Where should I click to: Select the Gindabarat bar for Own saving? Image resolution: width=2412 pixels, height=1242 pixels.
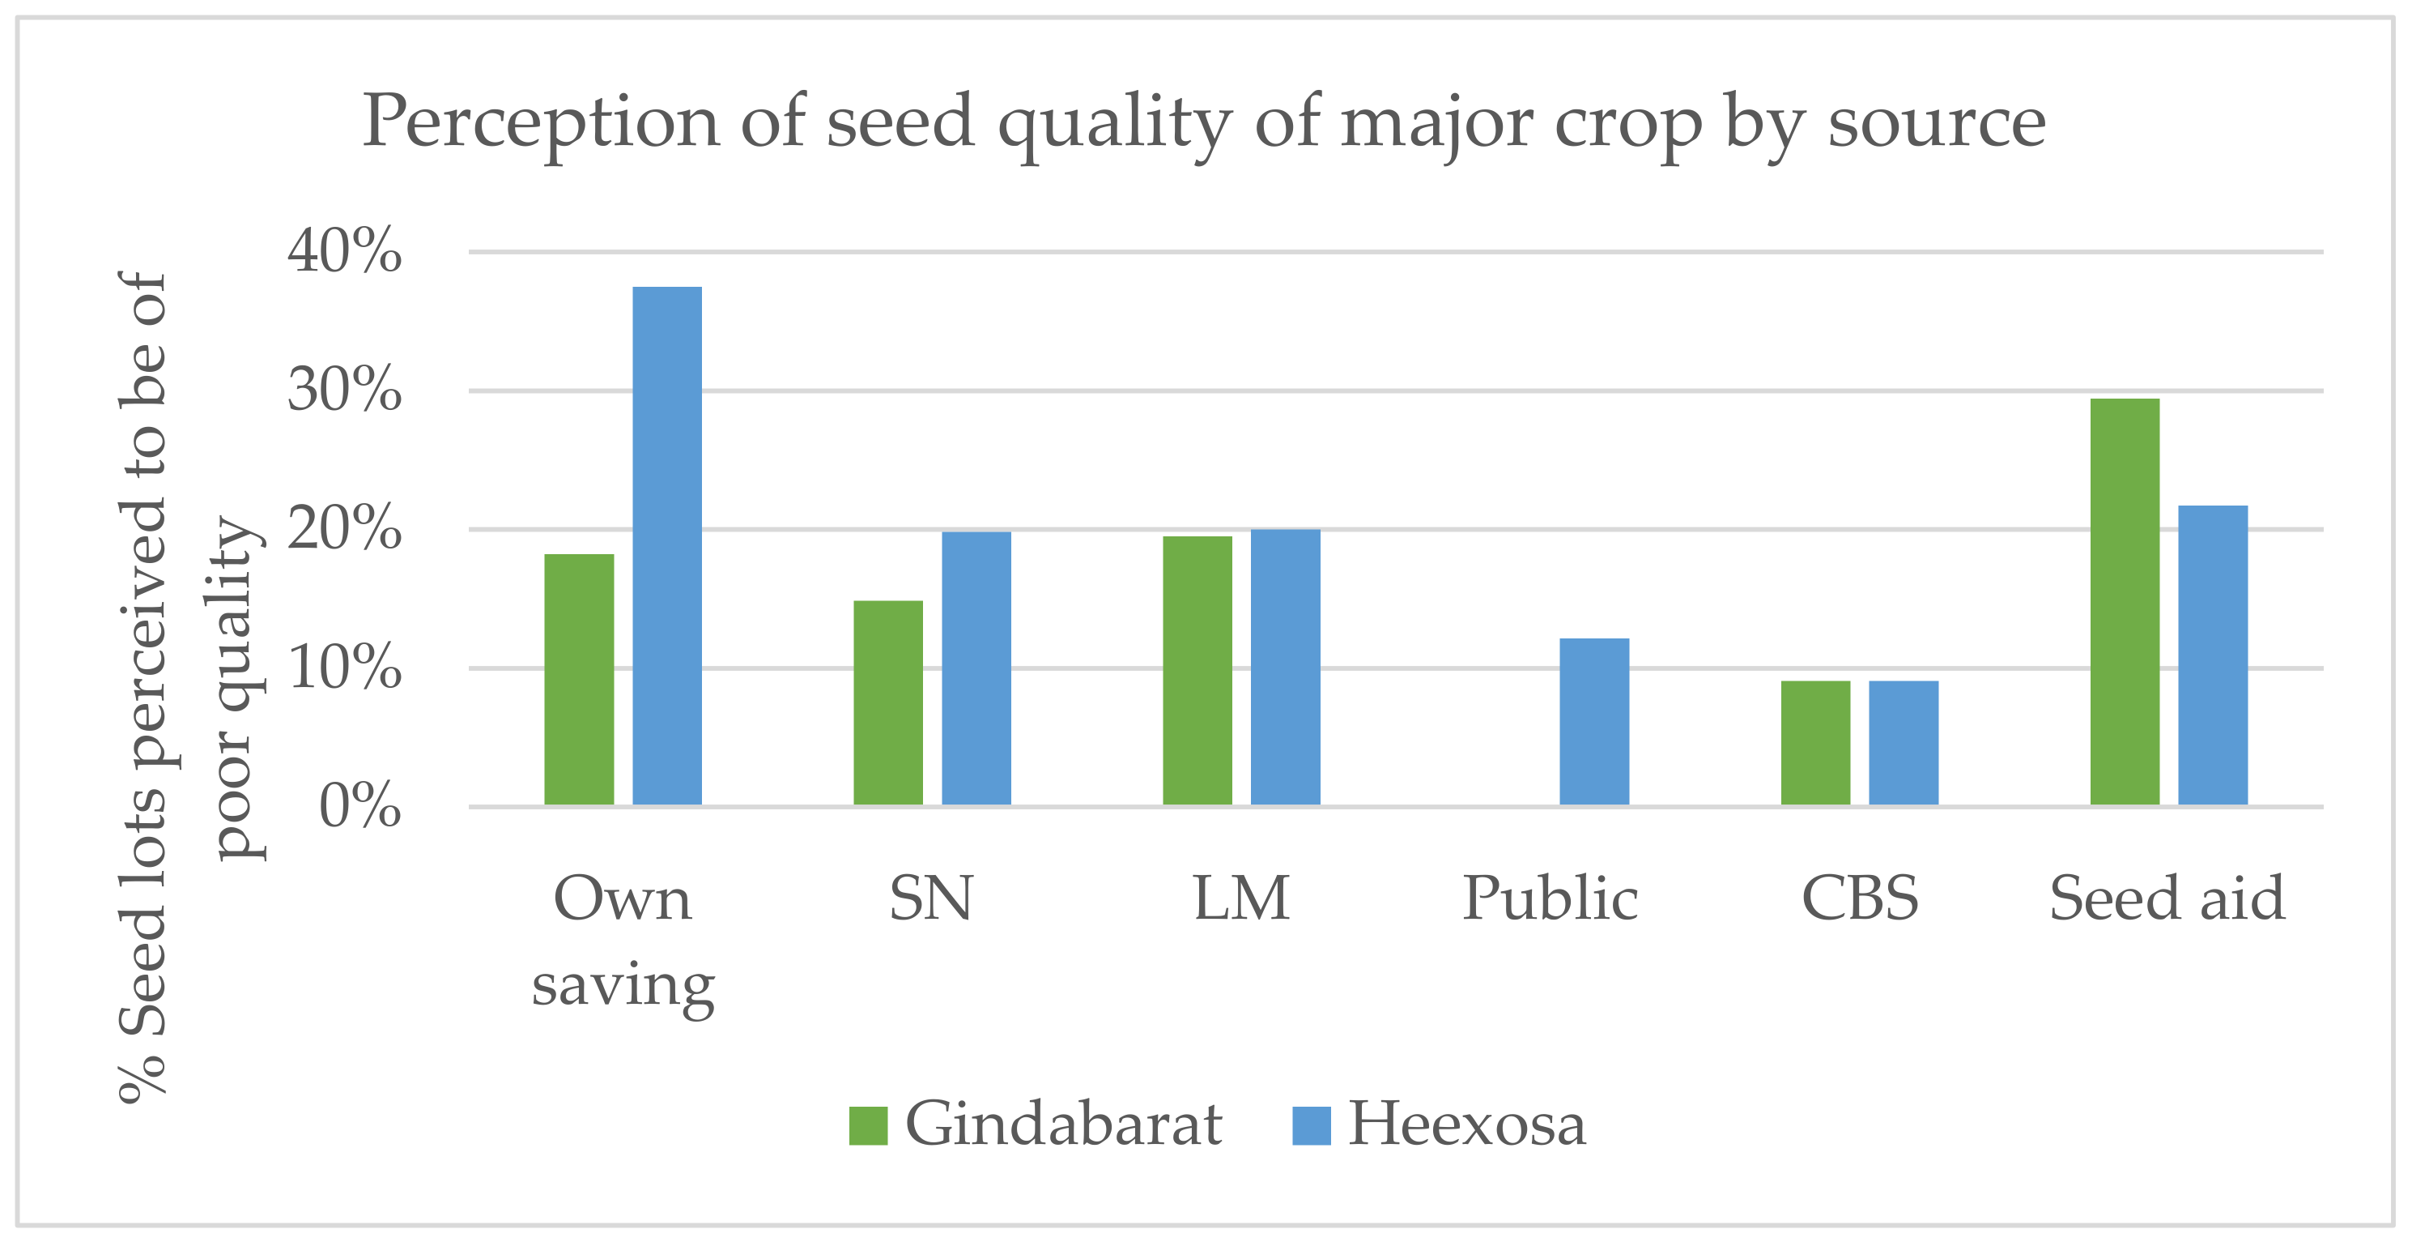point(579,679)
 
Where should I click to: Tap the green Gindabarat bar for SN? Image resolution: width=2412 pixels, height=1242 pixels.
point(887,702)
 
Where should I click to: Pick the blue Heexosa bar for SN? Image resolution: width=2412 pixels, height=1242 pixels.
point(976,668)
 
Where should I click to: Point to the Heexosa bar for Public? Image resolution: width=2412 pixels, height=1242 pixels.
point(1593,721)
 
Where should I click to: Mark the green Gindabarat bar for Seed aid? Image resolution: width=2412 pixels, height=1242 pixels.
point(2125,601)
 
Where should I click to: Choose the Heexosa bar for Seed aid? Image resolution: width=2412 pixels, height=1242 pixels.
point(2213,655)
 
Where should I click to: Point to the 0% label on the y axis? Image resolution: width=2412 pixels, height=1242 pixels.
point(359,805)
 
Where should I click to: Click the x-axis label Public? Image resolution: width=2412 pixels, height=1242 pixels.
point(1550,898)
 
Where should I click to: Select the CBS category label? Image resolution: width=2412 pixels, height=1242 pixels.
point(1860,898)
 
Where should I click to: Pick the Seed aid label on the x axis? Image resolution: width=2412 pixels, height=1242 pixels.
point(2167,898)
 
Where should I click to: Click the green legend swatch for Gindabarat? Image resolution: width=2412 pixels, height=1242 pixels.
point(867,1125)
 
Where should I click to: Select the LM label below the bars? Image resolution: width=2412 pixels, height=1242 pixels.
point(1240,898)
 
